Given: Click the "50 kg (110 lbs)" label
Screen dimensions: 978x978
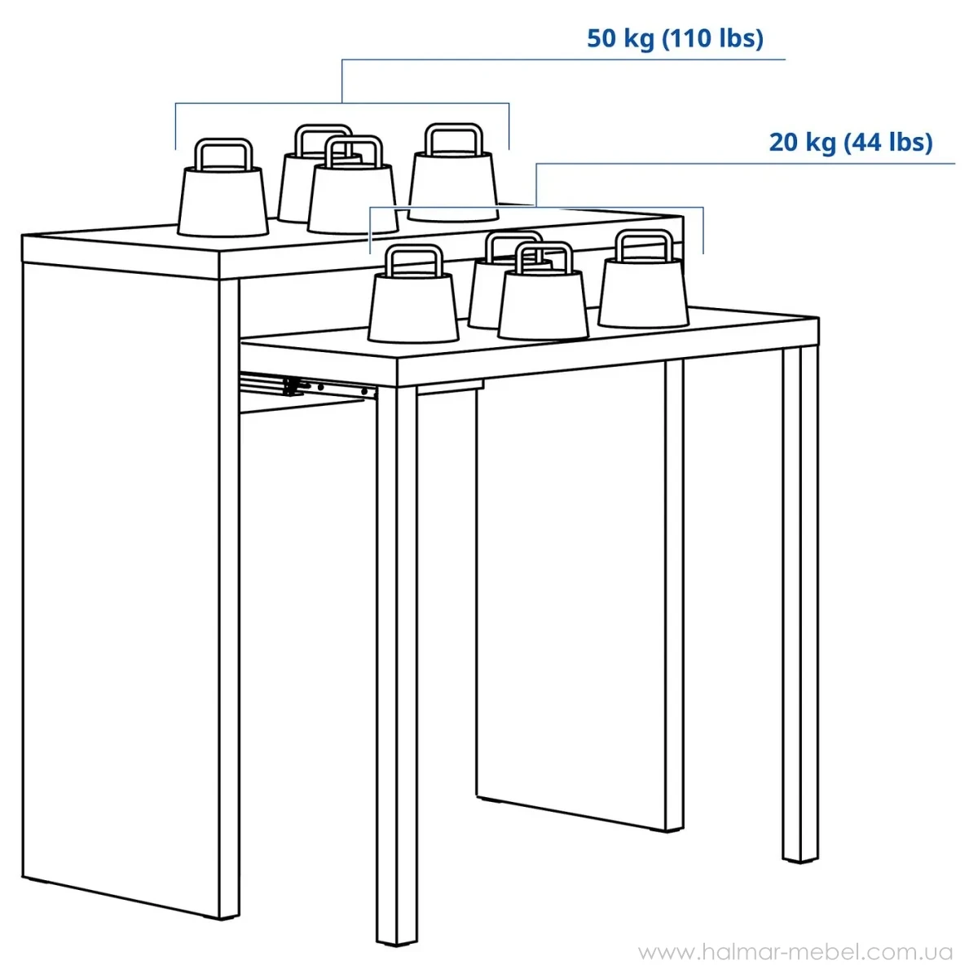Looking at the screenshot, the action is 675,38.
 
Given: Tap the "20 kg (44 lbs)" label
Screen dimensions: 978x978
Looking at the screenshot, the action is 851,142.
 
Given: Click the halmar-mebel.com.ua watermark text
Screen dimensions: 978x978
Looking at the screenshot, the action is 795,952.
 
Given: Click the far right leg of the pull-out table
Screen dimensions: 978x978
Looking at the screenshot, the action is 800,605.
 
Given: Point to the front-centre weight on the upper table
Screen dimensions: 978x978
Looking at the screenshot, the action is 352,186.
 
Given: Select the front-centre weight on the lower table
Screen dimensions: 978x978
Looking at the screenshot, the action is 543,291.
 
